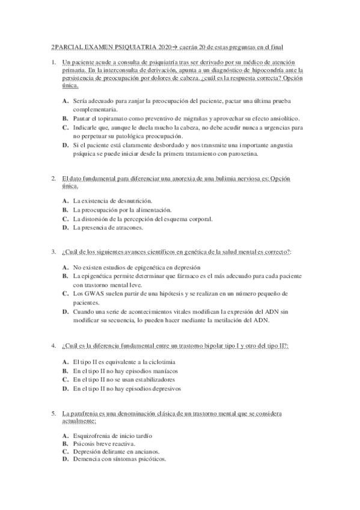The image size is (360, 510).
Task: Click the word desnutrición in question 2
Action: (x=131, y=200)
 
